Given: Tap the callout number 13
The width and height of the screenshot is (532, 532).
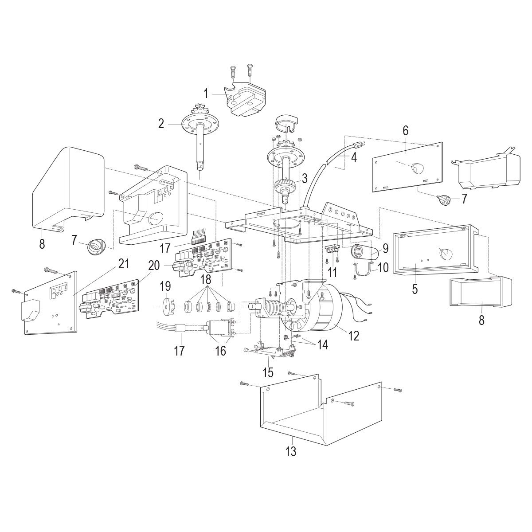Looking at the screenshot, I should pyautogui.click(x=291, y=452).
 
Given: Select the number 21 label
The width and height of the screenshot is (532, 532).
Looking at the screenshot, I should pyautogui.click(x=124, y=264).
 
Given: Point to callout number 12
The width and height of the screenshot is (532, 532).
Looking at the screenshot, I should pyautogui.click(x=353, y=335).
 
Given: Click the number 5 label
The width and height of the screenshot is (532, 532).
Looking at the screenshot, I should pyautogui.click(x=415, y=289).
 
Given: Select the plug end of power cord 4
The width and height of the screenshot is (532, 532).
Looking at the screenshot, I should pyautogui.click(x=359, y=144).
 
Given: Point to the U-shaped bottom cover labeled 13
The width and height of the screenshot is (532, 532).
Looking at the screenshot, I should pyautogui.click(x=310, y=412).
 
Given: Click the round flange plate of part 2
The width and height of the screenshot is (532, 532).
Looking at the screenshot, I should pyautogui.click(x=195, y=125).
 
